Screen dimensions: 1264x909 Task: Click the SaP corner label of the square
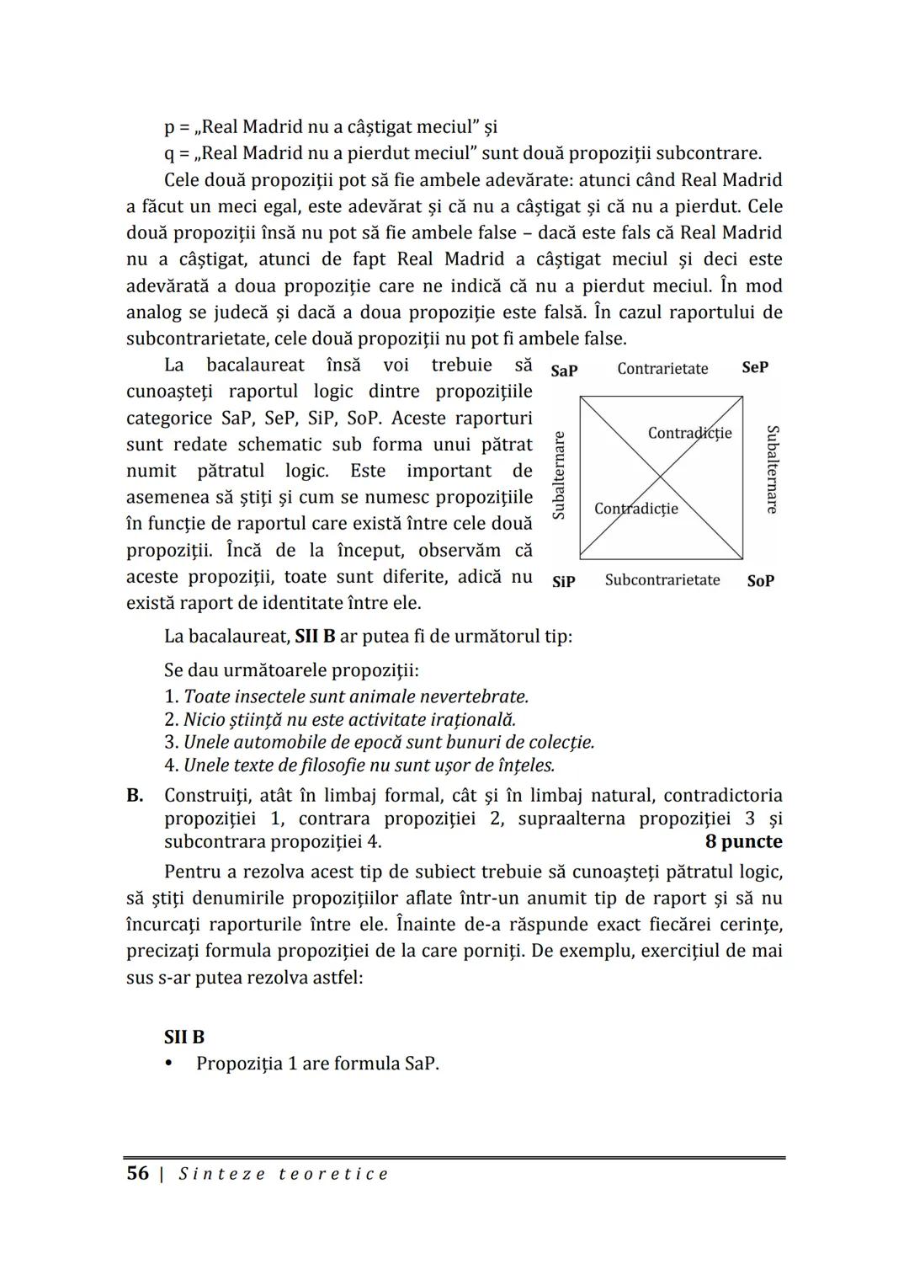click(x=564, y=371)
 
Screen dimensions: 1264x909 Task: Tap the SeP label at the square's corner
click(x=755, y=368)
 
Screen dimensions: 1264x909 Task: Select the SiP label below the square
click(x=564, y=581)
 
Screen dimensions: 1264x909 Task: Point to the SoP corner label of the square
click(x=760, y=581)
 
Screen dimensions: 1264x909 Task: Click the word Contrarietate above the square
click(x=662, y=369)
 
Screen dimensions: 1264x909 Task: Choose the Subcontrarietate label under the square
click(x=662, y=580)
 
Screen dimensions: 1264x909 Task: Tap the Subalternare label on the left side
click(x=558, y=475)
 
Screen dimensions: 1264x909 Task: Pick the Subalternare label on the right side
click(x=771, y=469)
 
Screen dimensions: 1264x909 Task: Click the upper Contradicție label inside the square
click(x=689, y=433)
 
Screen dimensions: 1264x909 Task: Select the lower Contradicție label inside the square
click(x=635, y=509)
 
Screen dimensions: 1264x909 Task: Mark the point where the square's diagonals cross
click(x=661, y=477)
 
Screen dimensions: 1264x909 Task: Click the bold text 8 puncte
click(x=743, y=842)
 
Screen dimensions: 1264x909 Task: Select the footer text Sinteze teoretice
click(x=284, y=1174)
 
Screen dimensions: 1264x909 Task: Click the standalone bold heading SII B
click(x=184, y=1037)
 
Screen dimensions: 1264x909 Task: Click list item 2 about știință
click(x=340, y=720)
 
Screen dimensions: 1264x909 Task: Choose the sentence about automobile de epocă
click(x=380, y=743)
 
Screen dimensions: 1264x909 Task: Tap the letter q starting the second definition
click(x=169, y=154)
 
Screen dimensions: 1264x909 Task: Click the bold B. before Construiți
click(x=135, y=796)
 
